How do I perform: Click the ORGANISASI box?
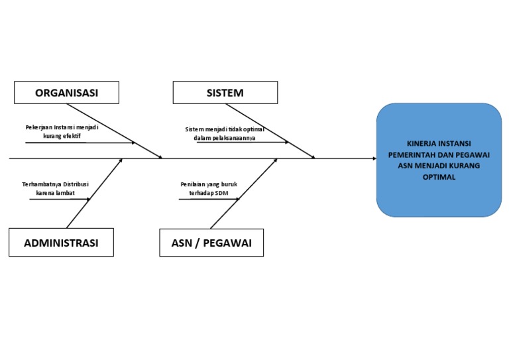point(67,93)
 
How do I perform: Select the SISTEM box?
point(225,93)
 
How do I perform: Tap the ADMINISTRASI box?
point(61,243)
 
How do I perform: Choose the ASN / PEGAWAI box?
point(211,243)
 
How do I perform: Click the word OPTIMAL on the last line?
point(439,178)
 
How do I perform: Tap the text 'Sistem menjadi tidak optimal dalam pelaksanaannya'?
point(225,133)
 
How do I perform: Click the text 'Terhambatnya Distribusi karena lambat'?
point(55,188)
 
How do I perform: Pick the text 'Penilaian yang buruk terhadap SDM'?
point(204,188)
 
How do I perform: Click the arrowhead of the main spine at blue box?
point(373,159)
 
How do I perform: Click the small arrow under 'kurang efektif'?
point(80,143)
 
